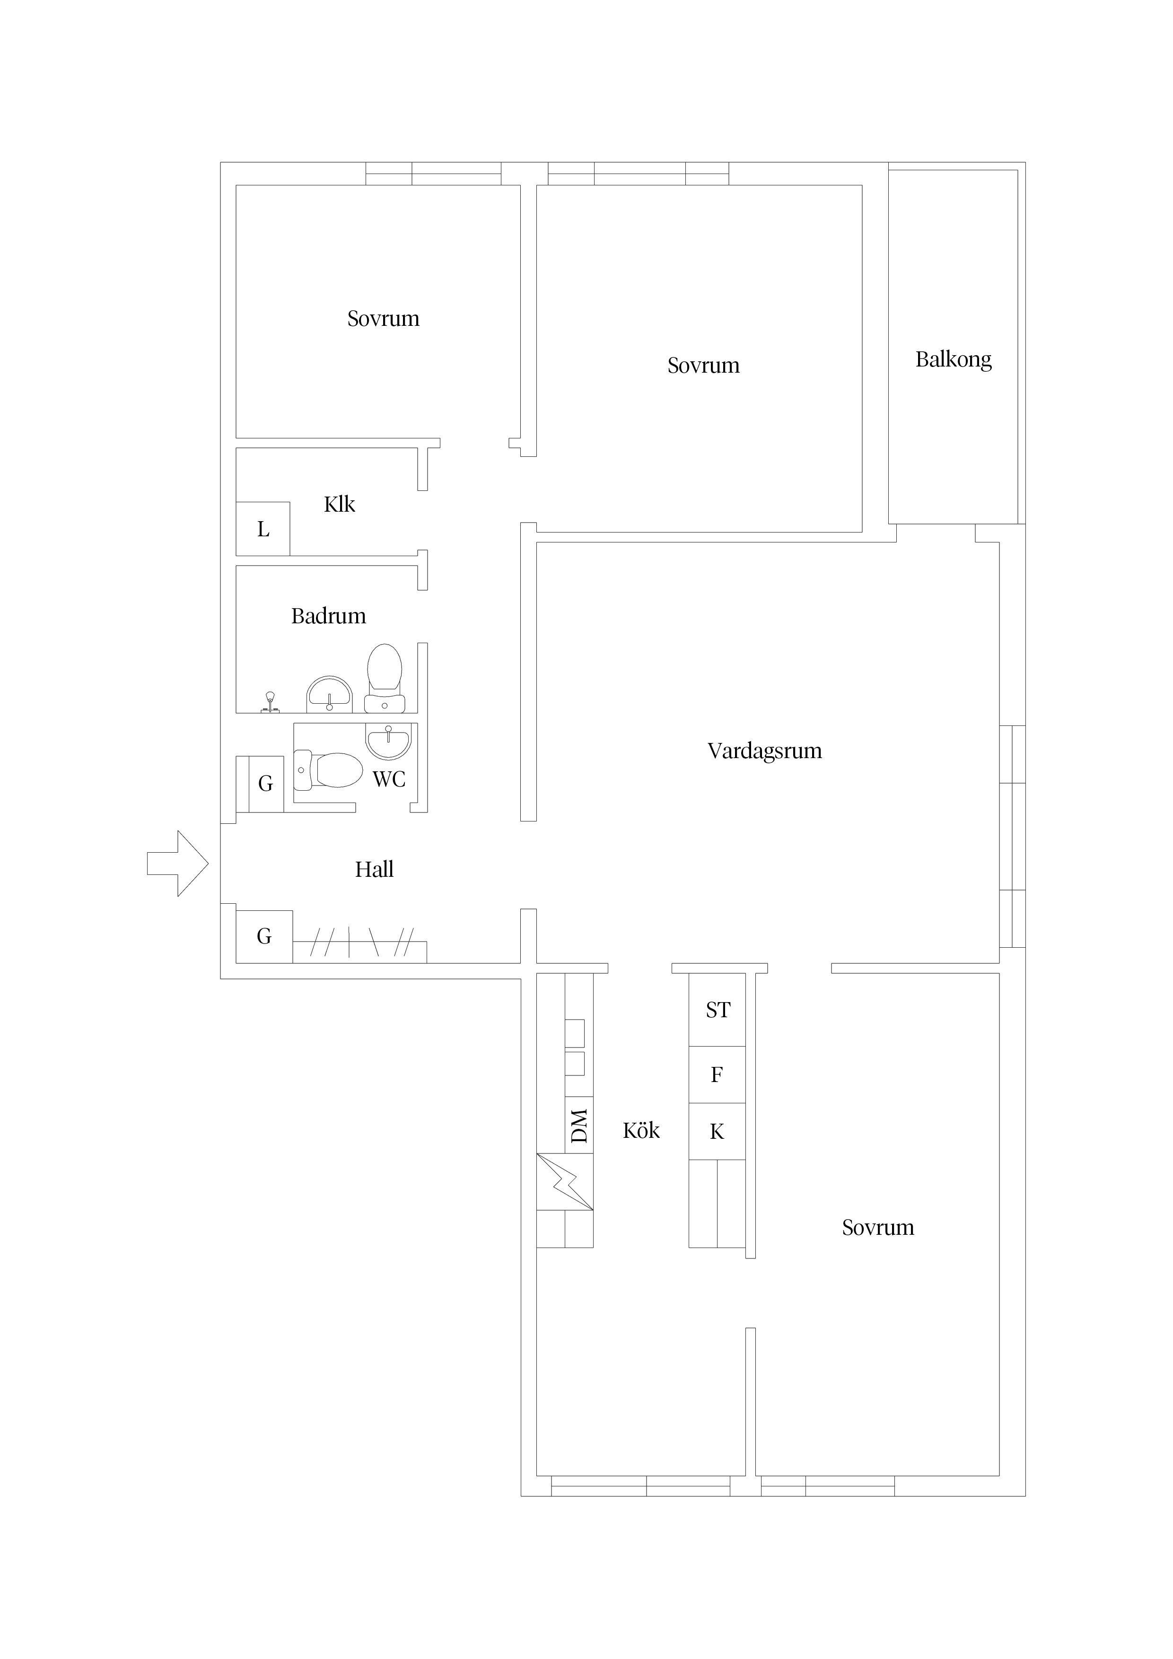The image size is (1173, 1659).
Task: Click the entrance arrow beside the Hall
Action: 178,864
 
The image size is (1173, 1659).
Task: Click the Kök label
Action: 641,1130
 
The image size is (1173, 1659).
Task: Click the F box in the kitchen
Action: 717,1074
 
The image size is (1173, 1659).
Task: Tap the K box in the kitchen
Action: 717,1132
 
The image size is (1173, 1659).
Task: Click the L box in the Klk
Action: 263,529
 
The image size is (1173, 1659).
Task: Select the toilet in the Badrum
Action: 385,679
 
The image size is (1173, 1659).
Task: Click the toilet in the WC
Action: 328,770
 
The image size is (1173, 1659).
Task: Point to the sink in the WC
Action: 388,742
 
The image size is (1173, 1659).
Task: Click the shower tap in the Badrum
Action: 270,702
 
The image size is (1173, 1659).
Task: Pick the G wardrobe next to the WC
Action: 265,784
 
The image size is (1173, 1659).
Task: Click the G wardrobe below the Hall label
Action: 264,936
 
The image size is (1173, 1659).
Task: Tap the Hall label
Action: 375,869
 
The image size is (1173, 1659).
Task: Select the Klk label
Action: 339,504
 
